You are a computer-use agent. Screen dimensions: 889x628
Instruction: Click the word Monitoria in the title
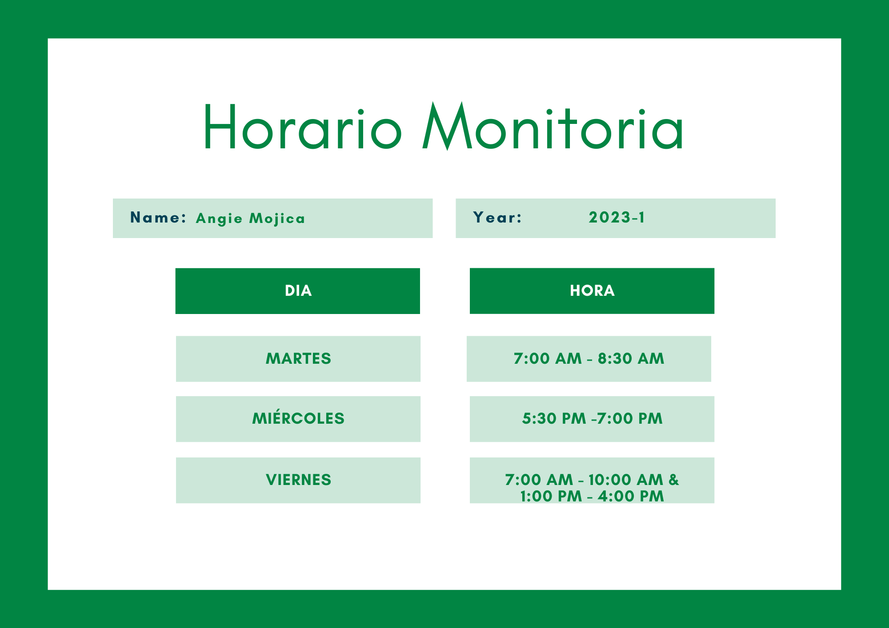click(x=553, y=127)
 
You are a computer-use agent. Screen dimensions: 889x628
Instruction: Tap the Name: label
click(x=158, y=218)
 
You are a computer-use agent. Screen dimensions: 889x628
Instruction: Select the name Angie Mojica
click(x=251, y=219)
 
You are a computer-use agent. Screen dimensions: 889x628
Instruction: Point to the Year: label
click(x=497, y=218)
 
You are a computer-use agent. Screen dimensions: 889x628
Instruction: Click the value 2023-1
click(x=617, y=217)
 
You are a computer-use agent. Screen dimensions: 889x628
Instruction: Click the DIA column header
click(x=298, y=291)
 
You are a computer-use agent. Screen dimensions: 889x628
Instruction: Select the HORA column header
click(x=592, y=291)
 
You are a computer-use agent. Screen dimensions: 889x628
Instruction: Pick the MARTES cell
click(x=298, y=359)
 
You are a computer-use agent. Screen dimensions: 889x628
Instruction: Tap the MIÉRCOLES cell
click(x=298, y=419)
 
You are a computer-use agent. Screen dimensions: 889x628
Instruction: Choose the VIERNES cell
click(x=298, y=480)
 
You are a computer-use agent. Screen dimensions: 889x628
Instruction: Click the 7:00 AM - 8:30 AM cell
click(x=589, y=359)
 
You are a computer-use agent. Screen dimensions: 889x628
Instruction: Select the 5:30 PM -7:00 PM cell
click(x=592, y=419)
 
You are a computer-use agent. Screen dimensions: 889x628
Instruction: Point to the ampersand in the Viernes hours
click(x=674, y=480)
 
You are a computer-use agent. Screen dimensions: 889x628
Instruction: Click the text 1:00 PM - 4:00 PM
click(x=592, y=496)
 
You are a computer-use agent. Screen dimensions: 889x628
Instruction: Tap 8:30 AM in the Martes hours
click(x=631, y=358)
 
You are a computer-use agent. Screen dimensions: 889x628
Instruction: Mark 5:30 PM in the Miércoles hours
click(x=554, y=418)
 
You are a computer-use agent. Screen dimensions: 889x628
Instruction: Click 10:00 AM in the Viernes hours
click(x=626, y=480)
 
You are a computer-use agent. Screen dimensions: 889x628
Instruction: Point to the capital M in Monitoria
click(x=447, y=126)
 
